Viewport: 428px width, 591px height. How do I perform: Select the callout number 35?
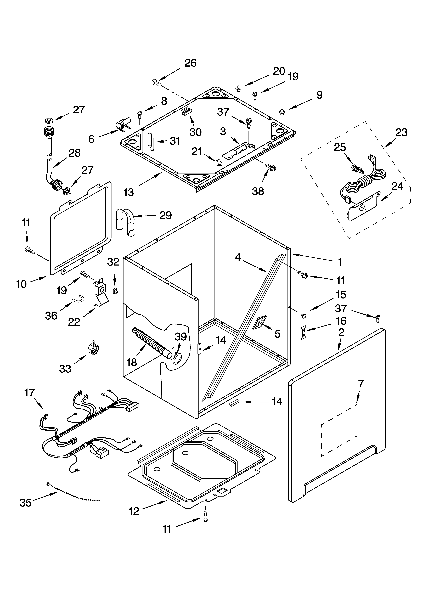click(x=26, y=503)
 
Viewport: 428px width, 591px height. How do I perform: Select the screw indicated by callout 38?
click(x=270, y=167)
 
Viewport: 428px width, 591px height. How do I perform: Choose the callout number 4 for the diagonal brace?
click(x=238, y=257)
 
